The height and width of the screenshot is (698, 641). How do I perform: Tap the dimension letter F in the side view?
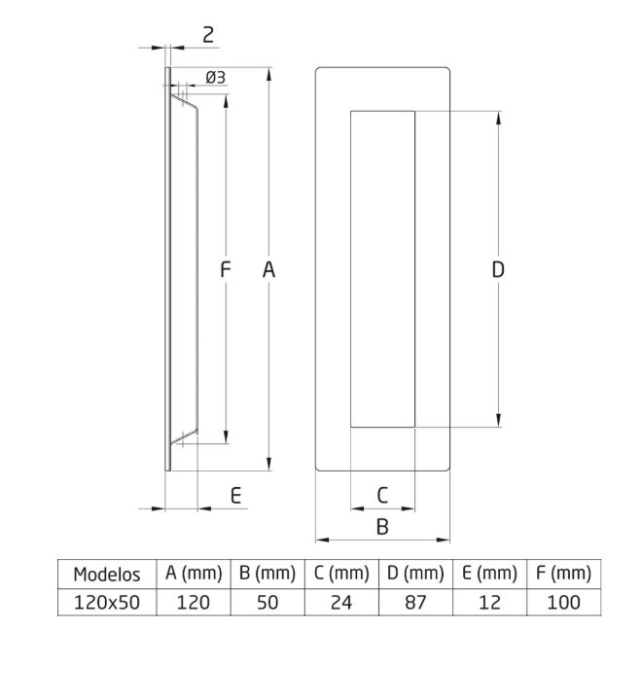(225, 271)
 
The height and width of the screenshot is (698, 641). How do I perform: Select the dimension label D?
(498, 271)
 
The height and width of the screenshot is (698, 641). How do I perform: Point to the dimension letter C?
(382, 495)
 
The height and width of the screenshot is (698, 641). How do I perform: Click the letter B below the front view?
(382, 526)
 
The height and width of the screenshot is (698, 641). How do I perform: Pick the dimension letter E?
(235, 496)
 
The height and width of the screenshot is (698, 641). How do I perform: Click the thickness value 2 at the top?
(208, 35)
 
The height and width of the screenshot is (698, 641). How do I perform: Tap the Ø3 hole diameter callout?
(216, 78)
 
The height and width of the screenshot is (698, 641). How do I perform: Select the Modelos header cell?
(106, 575)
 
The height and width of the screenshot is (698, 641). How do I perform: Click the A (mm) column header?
(194, 574)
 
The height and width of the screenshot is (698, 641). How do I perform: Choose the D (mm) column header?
(415, 574)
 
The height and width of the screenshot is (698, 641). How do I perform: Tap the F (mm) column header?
(563, 574)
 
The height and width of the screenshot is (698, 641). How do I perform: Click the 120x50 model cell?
(106, 602)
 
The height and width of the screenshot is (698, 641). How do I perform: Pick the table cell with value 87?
(415, 602)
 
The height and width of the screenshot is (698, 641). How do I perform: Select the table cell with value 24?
(340, 602)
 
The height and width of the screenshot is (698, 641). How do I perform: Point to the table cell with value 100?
(563, 602)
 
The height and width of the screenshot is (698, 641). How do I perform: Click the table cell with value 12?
(489, 602)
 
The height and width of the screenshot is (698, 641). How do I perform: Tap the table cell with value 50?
(267, 602)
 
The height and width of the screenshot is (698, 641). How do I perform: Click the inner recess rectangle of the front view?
(382, 269)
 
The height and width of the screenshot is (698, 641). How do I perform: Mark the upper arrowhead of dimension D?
(499, 118)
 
